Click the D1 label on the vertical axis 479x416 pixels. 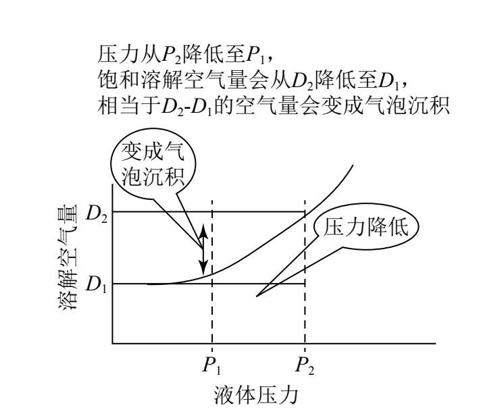click(x=97, y=284)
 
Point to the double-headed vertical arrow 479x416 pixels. click(x=202, y=248)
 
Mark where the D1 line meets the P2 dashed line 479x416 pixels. click(x=305, y=284)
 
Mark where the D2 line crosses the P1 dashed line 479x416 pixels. click(x=212, y=212)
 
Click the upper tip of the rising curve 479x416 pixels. click(x=353, y=165)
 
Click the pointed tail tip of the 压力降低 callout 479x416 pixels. click(x=257, y=296)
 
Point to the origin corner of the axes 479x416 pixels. click(x=113, y=344)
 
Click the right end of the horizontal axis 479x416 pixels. click(x=434, y=344)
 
